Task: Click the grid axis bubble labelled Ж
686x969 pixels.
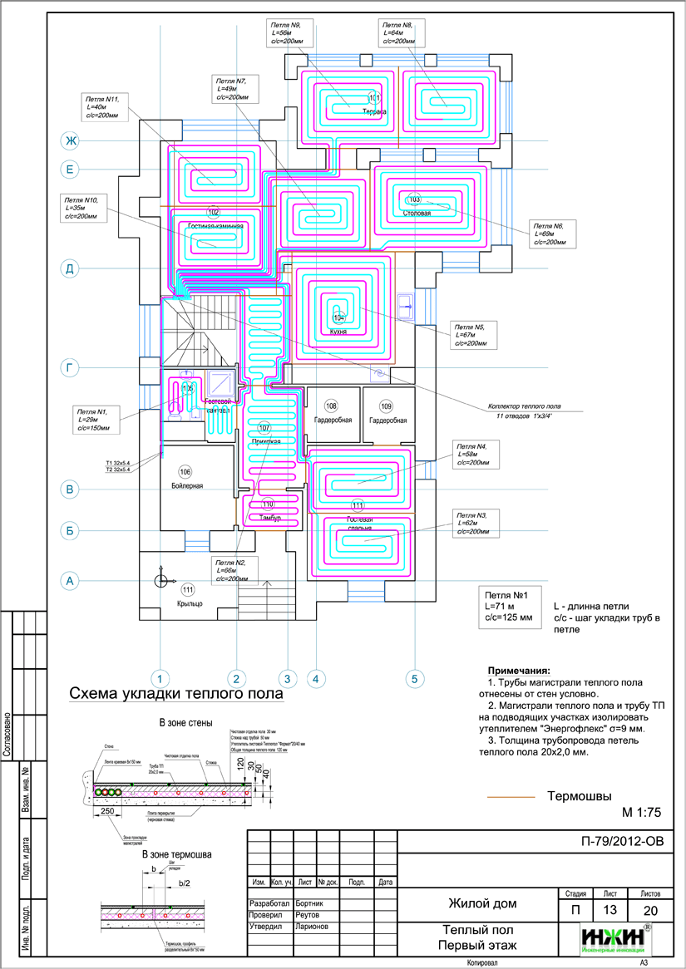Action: pyautogui.click(x=72, y=140)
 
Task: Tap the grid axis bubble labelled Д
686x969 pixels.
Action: pyautogui.click(x=72, y=268)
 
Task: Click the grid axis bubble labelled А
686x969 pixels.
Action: pyautogui.click(x=72, y=581)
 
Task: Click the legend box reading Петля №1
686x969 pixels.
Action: pyautogui.click(x=513, y=607)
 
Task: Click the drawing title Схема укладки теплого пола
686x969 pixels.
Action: pyautogui.click(x=175, y=693)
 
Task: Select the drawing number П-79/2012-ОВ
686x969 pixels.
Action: pyautogui.click(x=624, y=841)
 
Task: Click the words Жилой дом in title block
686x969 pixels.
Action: pyautogui.click(x=482, y=903)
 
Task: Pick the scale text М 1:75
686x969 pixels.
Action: pyautogui.click(x=640, y=812)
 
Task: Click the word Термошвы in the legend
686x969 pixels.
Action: pyautogui.click(x=579, y=795)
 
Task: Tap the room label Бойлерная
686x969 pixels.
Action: pyautogui.click(x=185, y=484)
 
